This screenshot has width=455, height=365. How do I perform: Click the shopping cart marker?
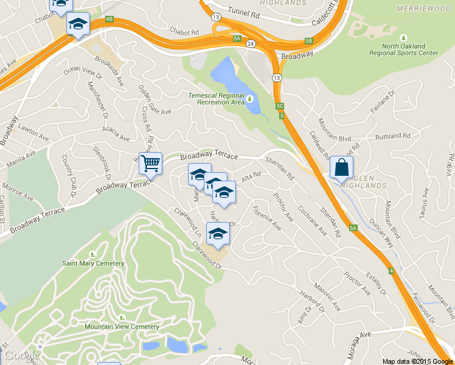[150, 163]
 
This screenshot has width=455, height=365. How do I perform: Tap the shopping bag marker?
[341, 167]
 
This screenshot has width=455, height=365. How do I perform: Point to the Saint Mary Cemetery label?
[93, 263]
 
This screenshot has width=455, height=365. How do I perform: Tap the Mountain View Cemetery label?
[122, 327]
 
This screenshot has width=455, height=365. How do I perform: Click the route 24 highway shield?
[251, 44]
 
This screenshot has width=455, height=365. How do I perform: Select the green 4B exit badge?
[109, 19]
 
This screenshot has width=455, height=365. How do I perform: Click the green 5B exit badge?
[308, 41]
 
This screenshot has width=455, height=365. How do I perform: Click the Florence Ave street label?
[267, 221]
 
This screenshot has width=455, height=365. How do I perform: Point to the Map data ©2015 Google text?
[418, 361]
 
